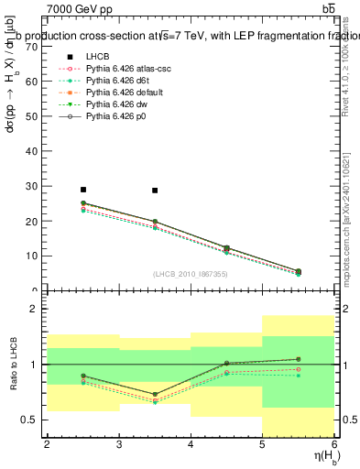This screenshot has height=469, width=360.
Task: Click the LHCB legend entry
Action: [x=98, y=57]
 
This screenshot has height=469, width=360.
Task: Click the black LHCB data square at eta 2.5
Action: [x=82, y=190]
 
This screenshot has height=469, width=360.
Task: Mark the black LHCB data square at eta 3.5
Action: [x=155, y=191]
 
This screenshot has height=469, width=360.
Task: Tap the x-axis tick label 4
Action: [x=191, y=444]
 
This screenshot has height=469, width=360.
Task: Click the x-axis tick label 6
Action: [x=334, y=444]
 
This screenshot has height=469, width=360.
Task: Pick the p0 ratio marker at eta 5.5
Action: [x=299, y=359]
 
